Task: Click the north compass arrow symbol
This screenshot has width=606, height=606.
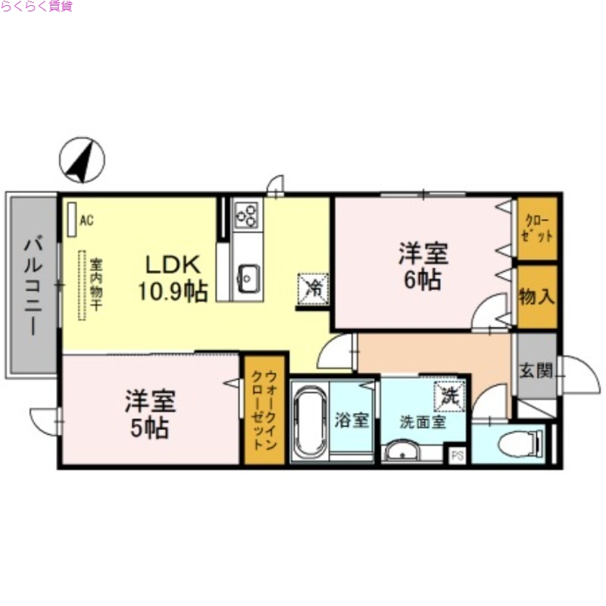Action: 82,161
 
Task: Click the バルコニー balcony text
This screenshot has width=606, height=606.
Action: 33,287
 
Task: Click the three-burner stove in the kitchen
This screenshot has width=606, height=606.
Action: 247,215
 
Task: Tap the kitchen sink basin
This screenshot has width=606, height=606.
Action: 247,278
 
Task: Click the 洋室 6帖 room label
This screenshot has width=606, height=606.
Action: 423,266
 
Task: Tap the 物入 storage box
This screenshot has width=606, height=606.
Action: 536,296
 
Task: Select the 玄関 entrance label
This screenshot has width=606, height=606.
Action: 535,371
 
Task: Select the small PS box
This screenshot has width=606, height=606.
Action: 457,454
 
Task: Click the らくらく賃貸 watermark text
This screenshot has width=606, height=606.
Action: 36,7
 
